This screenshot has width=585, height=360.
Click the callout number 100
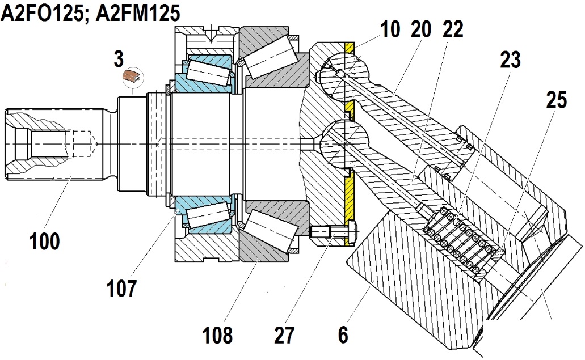click(45, 241)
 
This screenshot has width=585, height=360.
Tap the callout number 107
click(121, 288)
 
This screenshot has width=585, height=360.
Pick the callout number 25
click(557, 100)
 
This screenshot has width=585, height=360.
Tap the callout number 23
click(510, 60)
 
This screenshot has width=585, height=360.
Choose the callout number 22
click(453, 29)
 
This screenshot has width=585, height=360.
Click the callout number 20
click(421, 29)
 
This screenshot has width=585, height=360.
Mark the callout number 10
click(390, 29)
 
